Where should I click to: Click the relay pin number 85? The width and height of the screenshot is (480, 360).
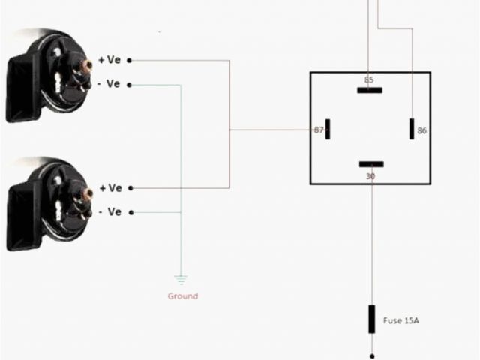click(x=368, y=79)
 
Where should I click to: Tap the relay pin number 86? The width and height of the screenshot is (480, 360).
click(x=421, y=131)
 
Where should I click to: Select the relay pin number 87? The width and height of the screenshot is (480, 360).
click(x=319, y=130)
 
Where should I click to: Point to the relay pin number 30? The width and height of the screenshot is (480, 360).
click(x=370, y=176)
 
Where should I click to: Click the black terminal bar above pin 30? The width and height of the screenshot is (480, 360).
click(x=371, y=164)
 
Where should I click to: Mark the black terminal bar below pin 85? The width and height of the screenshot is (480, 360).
click(x=370, y=90)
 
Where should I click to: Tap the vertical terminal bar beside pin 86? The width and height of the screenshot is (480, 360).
click(x=412, y=129)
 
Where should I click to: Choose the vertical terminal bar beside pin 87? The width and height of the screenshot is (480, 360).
click(x=328, y=129)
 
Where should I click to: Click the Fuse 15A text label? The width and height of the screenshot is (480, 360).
click(x=401, y=321)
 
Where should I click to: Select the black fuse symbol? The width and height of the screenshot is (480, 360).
click(x=371, y=319)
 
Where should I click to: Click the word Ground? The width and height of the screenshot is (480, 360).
click(x=182, y=296)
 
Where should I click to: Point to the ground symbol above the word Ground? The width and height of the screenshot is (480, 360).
click(x=180, y=280)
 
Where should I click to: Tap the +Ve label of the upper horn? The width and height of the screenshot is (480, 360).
click(x=109, y=60)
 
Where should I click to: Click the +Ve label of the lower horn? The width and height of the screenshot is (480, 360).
click(x=109, y=188)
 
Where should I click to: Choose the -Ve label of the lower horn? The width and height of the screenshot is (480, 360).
click(x=109, y=212)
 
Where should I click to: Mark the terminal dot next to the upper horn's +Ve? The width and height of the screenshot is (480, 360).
click(x=129, y=60)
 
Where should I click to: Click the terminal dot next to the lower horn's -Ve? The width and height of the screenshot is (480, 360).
click(x=129, y=212)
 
